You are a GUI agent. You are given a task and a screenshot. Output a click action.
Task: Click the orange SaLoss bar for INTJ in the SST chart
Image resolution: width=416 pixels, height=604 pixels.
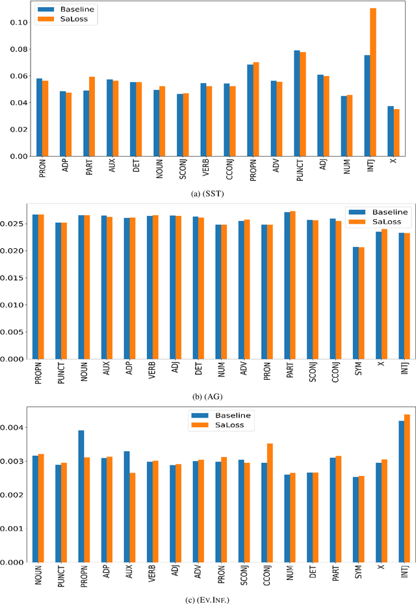[391, 82]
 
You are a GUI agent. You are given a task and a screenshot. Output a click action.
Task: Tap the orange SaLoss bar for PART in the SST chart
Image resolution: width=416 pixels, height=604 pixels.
[92, 116]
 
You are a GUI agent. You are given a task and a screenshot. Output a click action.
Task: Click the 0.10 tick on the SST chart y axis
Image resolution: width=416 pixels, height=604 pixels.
[17, 22]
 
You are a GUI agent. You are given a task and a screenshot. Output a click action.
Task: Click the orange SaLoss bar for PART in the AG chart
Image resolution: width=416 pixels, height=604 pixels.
[292, 285]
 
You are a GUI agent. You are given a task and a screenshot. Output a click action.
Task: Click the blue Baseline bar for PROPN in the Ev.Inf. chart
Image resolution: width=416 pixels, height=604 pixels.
[81, 496]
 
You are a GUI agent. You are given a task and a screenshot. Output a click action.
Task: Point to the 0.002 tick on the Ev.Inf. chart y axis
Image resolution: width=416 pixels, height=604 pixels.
[15, 495]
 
